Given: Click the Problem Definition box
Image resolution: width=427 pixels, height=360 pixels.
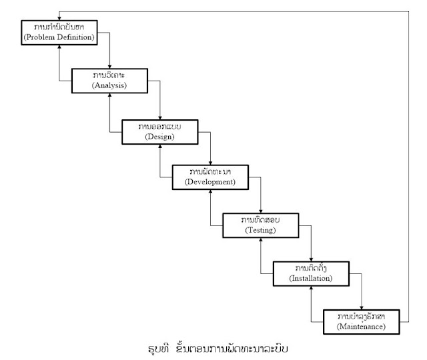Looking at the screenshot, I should click(59, 32).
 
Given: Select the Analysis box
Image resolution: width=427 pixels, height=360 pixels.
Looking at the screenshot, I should click(109, 80).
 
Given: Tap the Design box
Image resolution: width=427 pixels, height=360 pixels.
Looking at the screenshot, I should click(159, 131).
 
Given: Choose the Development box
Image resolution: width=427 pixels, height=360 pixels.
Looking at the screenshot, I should click(210, 175).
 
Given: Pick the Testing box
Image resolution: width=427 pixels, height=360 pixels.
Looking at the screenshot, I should click(260, 225).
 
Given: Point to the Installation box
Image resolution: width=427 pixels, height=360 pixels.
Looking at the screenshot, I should click(311, 273).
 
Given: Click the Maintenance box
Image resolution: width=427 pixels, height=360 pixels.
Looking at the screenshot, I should click(361, 321).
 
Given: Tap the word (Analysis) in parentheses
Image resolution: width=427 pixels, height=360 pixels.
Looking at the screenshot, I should click(109, 86).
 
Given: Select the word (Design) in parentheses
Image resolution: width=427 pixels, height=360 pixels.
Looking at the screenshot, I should click(159, 136).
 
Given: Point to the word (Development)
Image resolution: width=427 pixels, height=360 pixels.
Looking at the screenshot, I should click(210, 181).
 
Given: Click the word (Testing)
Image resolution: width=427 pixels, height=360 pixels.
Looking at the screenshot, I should click(260, 230).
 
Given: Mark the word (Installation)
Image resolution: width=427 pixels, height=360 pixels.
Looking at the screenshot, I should click(311, 278).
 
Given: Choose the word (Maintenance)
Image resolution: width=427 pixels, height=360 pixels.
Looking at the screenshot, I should click(361, 326).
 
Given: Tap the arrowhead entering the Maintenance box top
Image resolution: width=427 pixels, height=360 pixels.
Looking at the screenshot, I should click(362, 307).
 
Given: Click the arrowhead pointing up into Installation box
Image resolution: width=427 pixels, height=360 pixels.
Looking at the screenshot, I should click(311, 288).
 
